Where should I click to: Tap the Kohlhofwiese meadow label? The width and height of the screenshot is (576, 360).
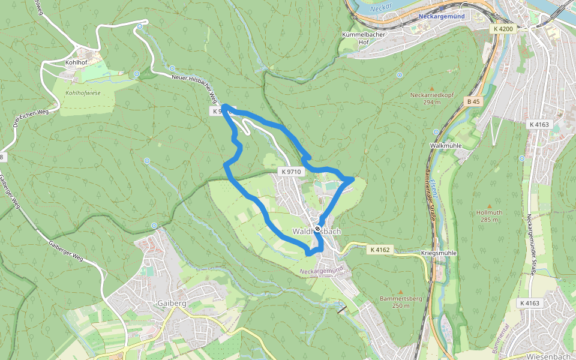[83, 94]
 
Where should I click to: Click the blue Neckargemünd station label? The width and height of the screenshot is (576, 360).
[442, 17]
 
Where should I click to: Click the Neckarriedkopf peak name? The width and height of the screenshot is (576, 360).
[431, 95]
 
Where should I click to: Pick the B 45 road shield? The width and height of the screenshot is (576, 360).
[474, 102]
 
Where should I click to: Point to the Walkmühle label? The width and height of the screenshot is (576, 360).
[445, 146]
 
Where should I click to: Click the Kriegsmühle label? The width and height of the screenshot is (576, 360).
[439, 253]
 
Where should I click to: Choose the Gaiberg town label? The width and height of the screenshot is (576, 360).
[172, 304]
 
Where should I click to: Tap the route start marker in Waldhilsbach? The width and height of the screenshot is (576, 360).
[317, 229]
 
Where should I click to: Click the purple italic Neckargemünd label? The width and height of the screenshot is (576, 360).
[324, 272]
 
